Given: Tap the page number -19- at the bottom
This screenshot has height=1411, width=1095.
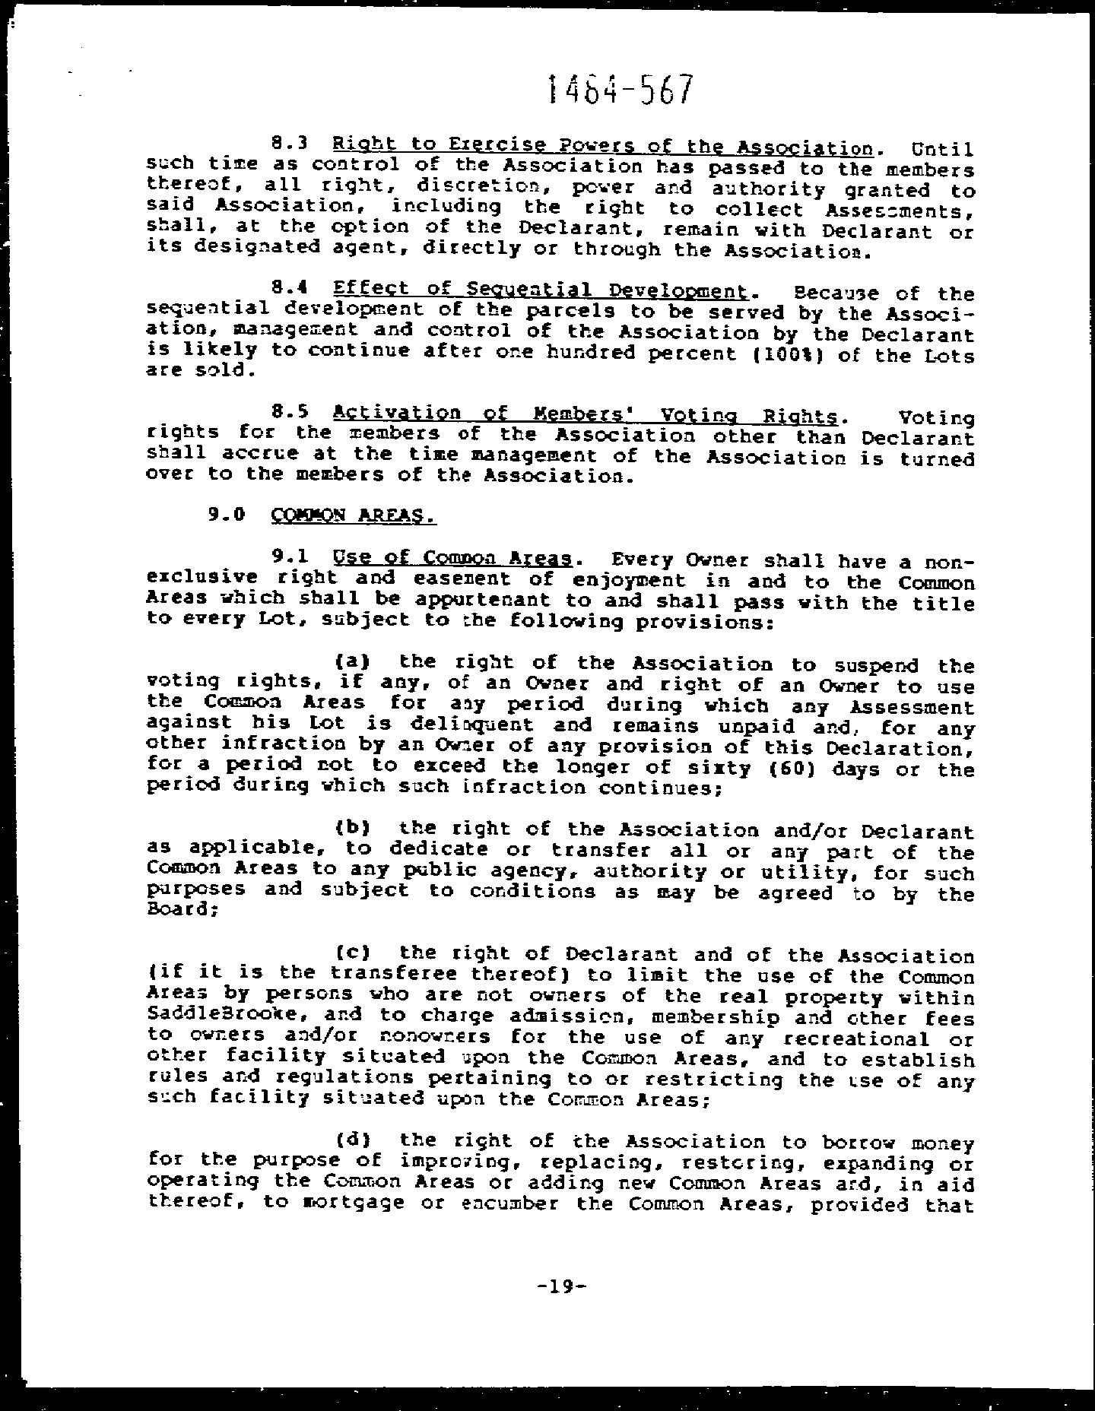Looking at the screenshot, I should coord(562,1286).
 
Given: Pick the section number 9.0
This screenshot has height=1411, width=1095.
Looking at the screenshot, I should coord(227,514).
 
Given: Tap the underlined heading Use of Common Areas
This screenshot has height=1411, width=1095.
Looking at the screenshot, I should coord(452,559).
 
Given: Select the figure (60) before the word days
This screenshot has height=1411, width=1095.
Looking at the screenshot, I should coord(784,768).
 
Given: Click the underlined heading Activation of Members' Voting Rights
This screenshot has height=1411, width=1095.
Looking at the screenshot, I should coord(586,415).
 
